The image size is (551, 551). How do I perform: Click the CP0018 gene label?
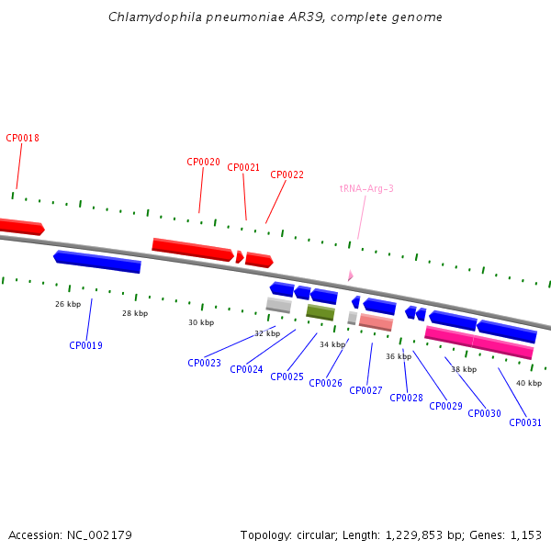click(x=22, y=138)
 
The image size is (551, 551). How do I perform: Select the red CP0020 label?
click(x=203, y=162)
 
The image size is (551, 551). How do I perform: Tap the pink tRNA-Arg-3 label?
click(x=366, y=188)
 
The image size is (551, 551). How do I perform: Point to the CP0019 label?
click(x=85, y=345)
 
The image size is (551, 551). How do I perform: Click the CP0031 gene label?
click(x=525, y=422)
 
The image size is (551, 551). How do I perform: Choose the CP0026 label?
click(x=325, y=383)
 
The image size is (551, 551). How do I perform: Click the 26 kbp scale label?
click(x=68, y=304)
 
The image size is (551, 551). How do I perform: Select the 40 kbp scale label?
click(x=529, y=383)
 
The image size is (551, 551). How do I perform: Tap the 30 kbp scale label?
click(x=201, y=322)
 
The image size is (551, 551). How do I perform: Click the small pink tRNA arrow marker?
click(x=351, y=275)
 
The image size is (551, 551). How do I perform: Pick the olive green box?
click(x=320, y=312)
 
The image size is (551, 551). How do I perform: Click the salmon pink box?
click(x=376, y=322)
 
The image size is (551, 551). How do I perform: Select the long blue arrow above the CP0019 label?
click(x=97, y=262)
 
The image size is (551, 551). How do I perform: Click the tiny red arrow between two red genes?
click(x=240, y=257)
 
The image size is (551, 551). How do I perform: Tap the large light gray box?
click(x=278, y=305)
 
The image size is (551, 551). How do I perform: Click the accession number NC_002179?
click(x=99, y=535)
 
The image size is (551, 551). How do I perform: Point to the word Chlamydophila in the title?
click(x=155, y=17)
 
